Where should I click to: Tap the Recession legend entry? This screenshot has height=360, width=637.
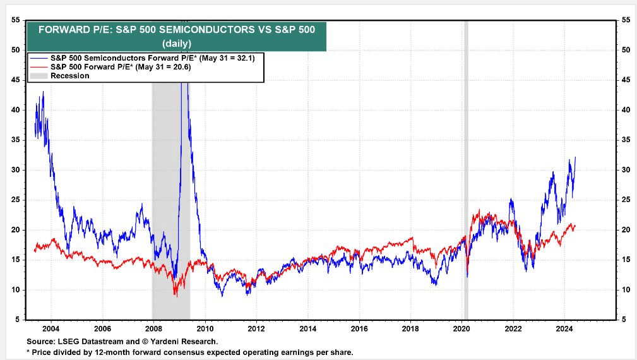[69, 76]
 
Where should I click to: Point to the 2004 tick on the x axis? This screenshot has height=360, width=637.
[51, 329]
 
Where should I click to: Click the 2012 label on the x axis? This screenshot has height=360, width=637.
[256, 329]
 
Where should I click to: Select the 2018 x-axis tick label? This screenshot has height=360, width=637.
[410, 329]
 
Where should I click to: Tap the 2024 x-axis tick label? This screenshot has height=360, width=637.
[564, 329]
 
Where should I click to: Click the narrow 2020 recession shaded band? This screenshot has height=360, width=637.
[466, 171]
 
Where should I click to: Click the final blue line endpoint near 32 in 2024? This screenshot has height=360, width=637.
[575, 158]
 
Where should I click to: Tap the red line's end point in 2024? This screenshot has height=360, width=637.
[575, 226]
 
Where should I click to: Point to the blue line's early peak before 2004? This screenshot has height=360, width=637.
[43, 92]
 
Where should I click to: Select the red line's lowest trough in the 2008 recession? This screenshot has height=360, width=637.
[176, 296]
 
